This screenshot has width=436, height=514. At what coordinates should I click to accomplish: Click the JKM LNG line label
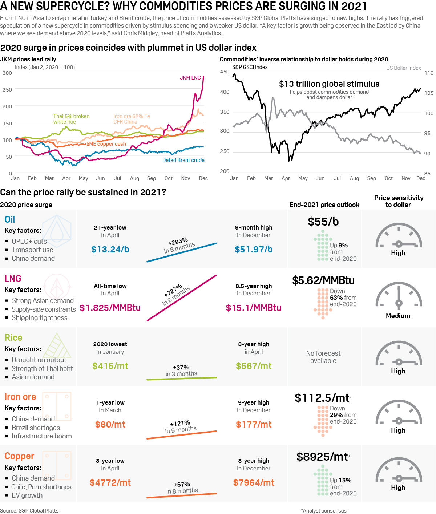[x=190, y=78]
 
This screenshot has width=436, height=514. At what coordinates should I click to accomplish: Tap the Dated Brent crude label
[x=183, y=160]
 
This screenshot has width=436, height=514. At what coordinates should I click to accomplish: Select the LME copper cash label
[x=106, y=144]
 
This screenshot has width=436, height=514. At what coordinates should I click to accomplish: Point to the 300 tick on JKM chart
[x=7, y=73]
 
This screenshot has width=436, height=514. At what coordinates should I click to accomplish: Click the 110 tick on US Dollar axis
[x=429, y=73]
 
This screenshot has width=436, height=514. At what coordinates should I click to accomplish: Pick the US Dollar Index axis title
[x=403, y=68]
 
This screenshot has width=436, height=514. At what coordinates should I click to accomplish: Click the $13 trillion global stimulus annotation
[x=329, y=84]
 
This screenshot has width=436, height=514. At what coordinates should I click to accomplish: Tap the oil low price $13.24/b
[x=110, y=250]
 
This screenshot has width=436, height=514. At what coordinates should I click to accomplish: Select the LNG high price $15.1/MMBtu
[x=254, y=308]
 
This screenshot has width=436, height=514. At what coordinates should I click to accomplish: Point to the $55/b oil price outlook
[x=323, y=222]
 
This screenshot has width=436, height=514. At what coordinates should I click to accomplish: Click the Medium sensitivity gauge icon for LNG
[x=399, y=295]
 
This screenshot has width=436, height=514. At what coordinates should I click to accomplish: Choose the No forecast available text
[x=323, y=357]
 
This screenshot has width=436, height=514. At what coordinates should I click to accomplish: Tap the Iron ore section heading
[x=20, y=397]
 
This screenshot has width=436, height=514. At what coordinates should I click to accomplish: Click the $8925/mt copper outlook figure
[x=322, y=457]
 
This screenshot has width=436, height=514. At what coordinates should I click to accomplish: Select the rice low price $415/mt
[x=110, y=366]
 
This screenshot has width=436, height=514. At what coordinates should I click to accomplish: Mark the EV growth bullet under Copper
[x=27, y=495]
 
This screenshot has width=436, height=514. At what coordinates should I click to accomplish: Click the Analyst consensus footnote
[x=324, y=511]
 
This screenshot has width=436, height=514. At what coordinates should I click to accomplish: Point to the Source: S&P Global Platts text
[x=29, y=511]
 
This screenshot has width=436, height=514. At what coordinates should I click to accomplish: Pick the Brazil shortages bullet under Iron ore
[x=36, y=428]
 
